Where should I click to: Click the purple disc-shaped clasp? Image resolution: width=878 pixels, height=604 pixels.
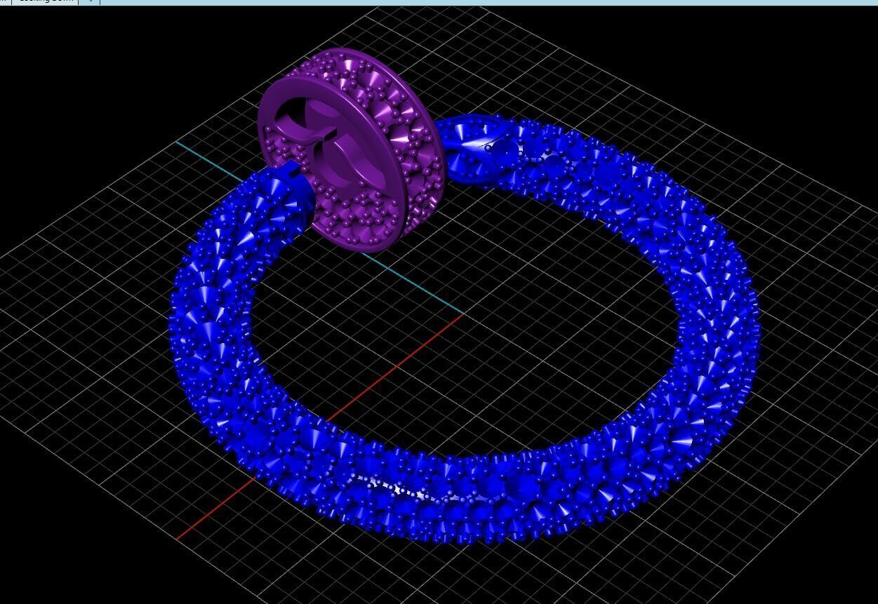(x=351, y=147)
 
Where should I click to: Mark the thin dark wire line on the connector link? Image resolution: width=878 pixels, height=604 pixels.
(x=484, y=146)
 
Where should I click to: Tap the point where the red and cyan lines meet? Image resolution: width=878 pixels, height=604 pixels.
(x=463, y=314)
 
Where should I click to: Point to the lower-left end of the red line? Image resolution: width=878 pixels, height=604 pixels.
(x=178, y=538)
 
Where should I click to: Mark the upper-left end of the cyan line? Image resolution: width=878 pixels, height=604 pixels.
(x=176, y=142)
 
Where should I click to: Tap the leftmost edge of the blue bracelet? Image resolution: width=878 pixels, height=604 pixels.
(x=171, y=323)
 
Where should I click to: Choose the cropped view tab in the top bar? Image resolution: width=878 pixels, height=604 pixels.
(x=46, y=1)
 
